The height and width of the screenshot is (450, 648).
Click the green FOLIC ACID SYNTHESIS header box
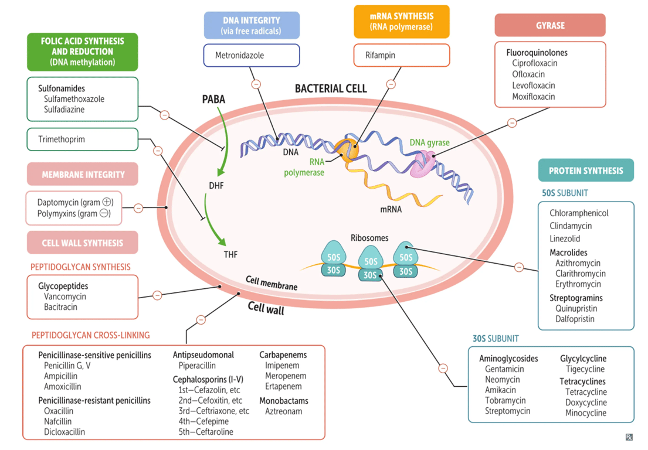pyautogui.click(x=82, y=52)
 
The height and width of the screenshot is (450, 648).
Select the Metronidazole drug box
pyautogui.click(x=251, y=56)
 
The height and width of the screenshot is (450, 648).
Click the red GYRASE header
pyautogui.click(x=549, y=26)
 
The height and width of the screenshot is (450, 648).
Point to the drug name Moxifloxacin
pyautogui.click(x=533, y=97)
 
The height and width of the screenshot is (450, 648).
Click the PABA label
pyautogui.click(x=213, y=100)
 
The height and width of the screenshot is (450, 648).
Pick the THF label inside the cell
pyautogui.click(x=230, y=254)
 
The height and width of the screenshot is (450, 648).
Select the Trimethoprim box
pyautogui.click(x=82, y=139)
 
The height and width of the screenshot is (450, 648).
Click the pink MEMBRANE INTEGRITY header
pyautogui.click(x=82, y=175)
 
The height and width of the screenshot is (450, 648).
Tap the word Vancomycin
pyautogui.click(x=65, y=296)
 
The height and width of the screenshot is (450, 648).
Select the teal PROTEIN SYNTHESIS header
pyautogui.click(x=585, y=171)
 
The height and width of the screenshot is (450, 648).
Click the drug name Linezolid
pyautogui.click(x=565, y=238)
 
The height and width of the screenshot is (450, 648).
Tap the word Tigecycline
pyautogui.click(x=585, y=369)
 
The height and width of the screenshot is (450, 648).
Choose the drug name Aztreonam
pyautogui.click(x=284, y=411)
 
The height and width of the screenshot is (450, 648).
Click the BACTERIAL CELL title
pyautogui.click(x=331, y=88)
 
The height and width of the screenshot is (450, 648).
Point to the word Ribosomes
pyautogui.click(x=369, y=238)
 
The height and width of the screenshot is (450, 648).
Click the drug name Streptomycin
pyautogui.click(x=507, y=411)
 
